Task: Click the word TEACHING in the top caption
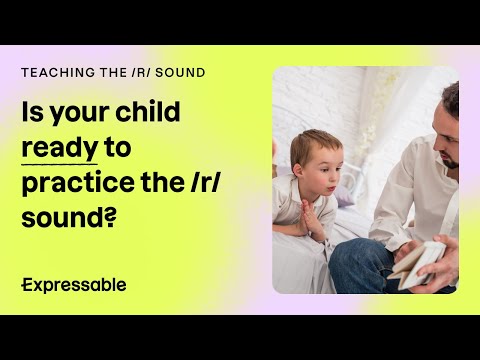point(49,74)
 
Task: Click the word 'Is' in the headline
point(32,113)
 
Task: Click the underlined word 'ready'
point(59,148)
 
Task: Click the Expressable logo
point(74,284)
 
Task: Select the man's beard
point(449,158)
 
